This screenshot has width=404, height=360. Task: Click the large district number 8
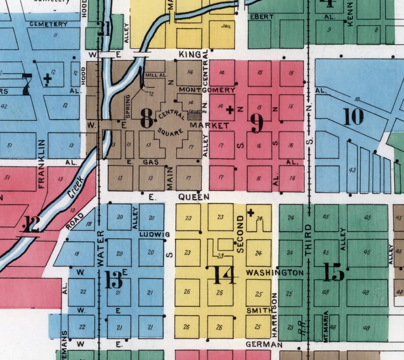pos(146,120)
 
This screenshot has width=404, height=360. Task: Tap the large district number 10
pos(354,117)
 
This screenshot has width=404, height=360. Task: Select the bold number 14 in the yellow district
pos(224,275)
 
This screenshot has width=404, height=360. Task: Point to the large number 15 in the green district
pos(333,273)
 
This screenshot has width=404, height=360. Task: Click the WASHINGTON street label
pos(275,273)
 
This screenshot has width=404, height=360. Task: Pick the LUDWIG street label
pos(154,234)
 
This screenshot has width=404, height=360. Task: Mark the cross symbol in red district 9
pos(230,109)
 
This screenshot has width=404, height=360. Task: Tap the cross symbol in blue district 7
pos(48,78)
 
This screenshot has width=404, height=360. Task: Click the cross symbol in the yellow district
pos(250,213)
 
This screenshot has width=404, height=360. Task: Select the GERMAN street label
pos(264,345)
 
